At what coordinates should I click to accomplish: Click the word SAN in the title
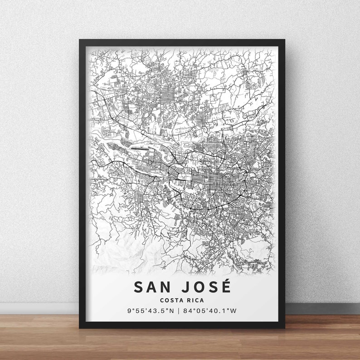(152, 287)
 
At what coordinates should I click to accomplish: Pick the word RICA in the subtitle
(195, 300)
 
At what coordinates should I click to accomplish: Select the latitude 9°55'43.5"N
(150, 311)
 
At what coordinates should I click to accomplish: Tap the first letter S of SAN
(138, 287)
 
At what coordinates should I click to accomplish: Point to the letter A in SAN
(152, 287)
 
